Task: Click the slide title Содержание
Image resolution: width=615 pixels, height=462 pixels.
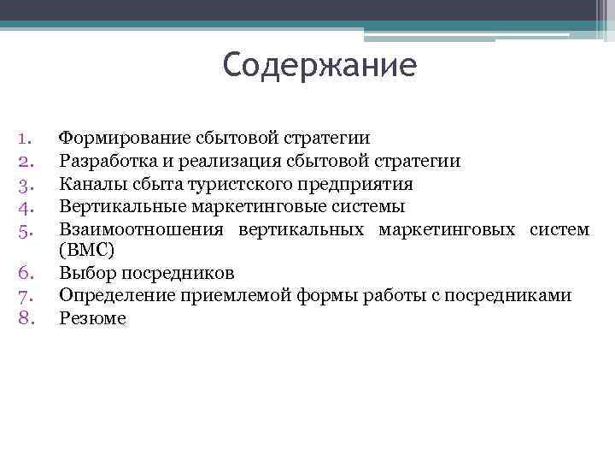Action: click(x=319, y=66)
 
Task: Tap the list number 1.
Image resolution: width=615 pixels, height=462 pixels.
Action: click(x=24, y=138)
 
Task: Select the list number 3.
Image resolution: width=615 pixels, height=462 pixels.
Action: click(x=24, y=183)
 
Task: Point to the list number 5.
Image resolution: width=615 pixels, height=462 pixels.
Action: click(x=24, y=229)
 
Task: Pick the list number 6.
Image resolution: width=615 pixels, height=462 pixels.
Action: click(x=24, y=274)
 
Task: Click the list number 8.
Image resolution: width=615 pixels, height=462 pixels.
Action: click(x=24, y=319)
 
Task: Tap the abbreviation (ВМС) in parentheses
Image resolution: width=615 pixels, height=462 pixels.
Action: click(x=86, y=251)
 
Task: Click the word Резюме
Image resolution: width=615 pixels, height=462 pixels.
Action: click(x=92, y=319)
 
